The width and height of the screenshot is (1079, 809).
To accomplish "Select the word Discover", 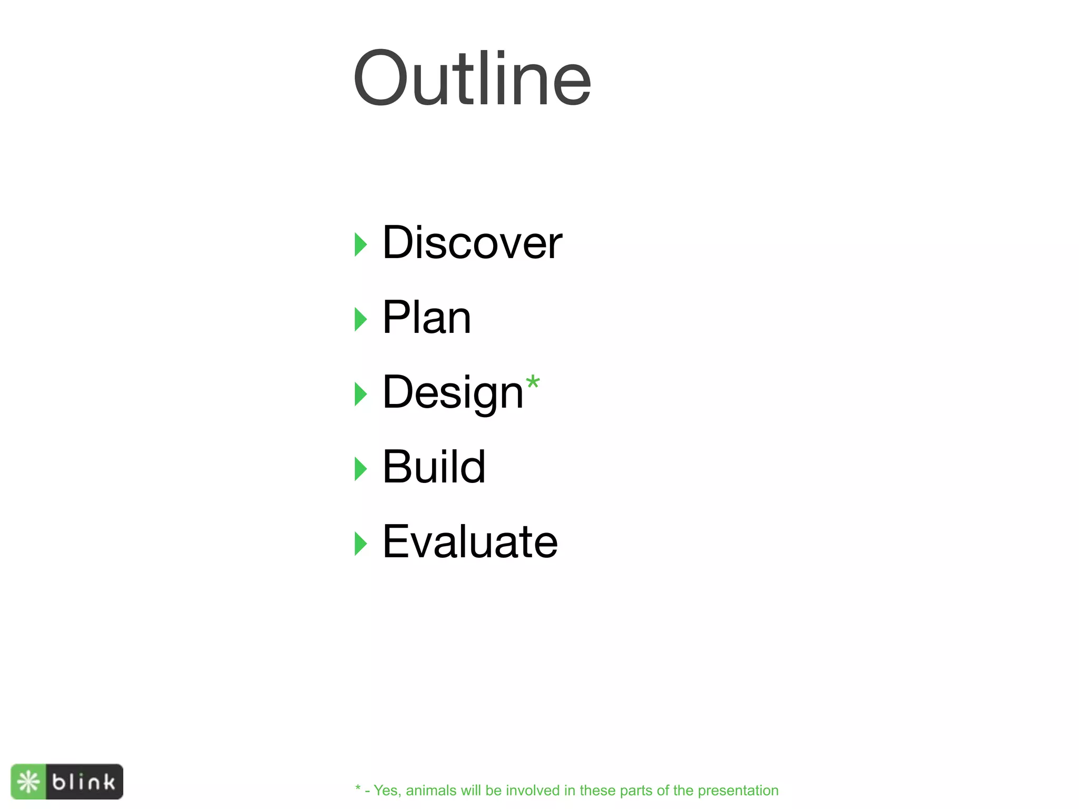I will tap(472, 243).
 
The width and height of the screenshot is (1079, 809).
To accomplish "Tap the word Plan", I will tap(426, 318).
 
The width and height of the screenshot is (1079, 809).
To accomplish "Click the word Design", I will tap(453, 392).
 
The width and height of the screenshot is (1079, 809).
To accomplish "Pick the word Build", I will tap(434, 467).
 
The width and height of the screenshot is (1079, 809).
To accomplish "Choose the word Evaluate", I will tap(469, 542).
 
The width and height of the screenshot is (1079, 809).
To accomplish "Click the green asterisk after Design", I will tap(533, 382).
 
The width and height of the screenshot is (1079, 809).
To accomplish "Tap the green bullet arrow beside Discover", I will tap(360, 245).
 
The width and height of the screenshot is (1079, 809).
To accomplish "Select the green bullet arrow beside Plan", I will tap(360, 320).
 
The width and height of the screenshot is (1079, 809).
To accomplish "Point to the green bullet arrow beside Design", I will tap(360, 394).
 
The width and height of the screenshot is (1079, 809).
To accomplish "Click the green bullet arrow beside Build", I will tap(360, 469).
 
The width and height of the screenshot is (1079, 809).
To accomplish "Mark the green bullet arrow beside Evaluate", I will tap(360, 544).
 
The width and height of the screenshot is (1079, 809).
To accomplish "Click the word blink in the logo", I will tap(84, 782).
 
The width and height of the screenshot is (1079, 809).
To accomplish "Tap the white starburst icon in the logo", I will tap(28, 782).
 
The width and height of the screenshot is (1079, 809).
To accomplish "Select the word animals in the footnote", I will tap(430, 791).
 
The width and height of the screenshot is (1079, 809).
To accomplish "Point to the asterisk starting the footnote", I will tap(358, 788).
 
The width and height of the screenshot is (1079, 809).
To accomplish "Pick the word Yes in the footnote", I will tap(386, 791).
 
